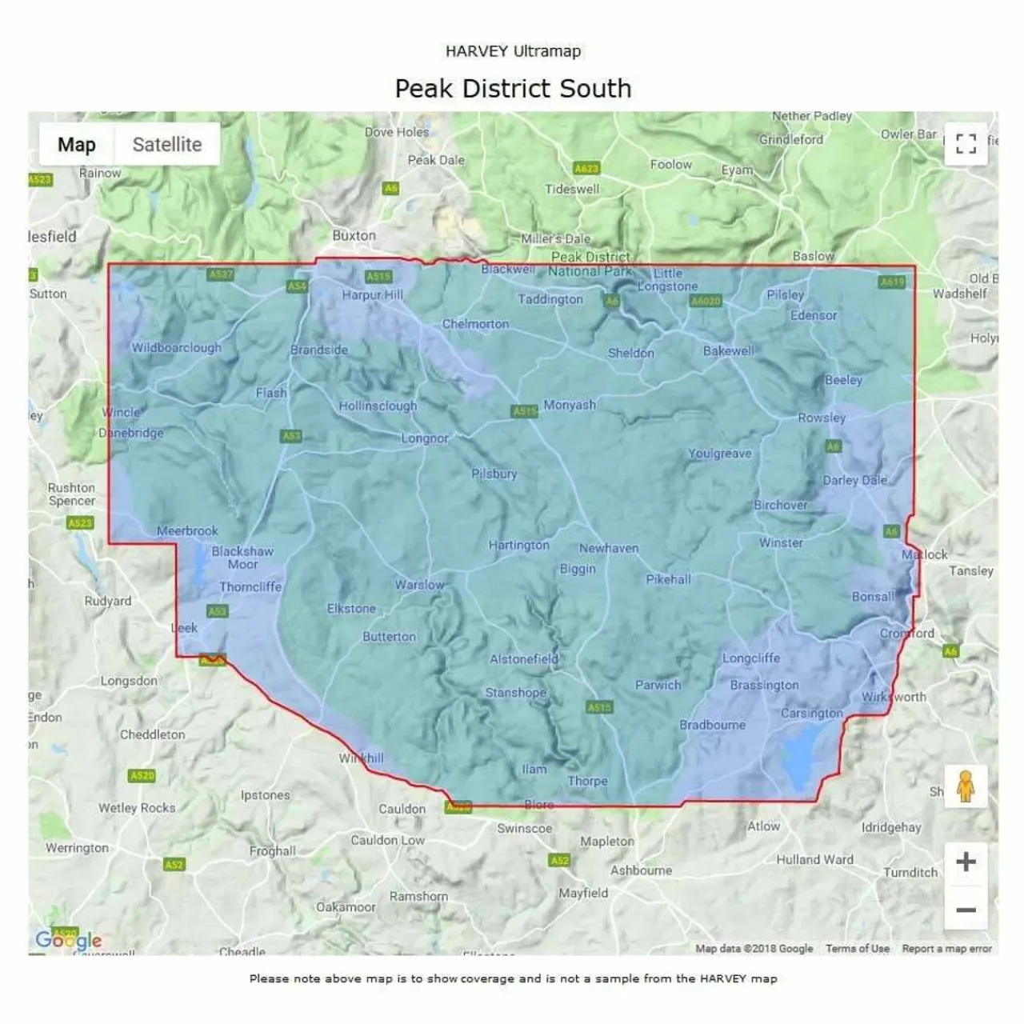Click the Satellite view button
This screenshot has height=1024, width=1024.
[166, 145]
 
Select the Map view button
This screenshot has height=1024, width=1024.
[77, 145]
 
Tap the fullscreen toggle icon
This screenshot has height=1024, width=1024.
[966, 144]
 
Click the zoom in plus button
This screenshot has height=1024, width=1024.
[966, 862]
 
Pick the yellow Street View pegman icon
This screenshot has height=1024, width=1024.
[966, 786]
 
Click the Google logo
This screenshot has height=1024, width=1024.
[69, 940]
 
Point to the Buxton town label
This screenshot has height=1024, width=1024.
[354, 236]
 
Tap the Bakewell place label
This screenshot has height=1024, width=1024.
[728, 351]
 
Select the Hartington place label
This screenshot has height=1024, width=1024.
[519, 546]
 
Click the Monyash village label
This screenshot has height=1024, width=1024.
[570, 406]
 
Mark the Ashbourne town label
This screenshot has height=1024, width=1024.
[641, 870]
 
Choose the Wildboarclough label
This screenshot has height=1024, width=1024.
[177, 348]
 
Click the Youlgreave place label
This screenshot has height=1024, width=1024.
[720, 454]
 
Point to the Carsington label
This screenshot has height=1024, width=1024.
[812, 714]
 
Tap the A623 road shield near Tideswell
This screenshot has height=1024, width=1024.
[586, 169]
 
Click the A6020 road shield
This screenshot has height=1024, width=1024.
[706, 302]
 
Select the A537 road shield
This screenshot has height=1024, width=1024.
[221, 274]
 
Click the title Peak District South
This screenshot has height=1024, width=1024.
[513, 88]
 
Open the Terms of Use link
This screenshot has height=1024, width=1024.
[858, 949]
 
